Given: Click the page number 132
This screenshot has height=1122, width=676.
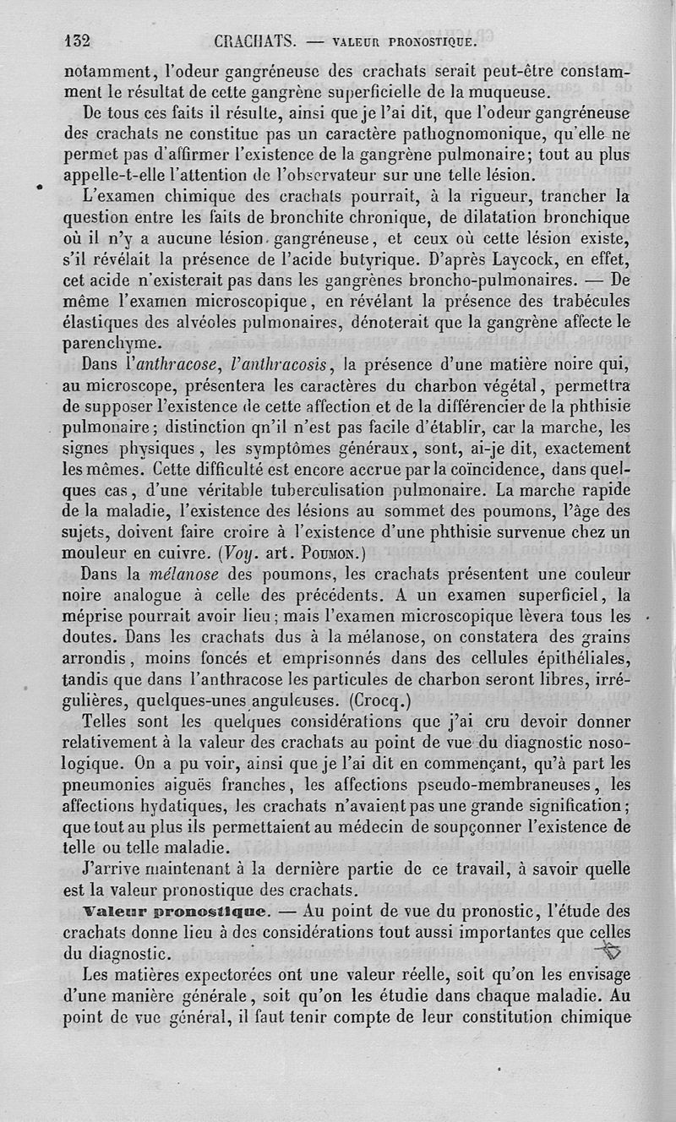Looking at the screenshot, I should (79, 40).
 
